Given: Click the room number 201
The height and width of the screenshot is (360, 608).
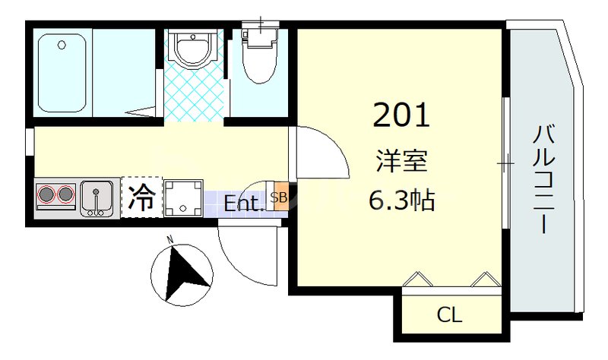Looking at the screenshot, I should [x=401, y=115].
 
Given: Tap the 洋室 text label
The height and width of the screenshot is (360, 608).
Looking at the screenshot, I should [x=401, y=162].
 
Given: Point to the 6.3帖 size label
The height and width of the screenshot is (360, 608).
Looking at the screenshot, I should [x=401, y=200].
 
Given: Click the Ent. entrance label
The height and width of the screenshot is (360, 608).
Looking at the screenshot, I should [x=244, y=204].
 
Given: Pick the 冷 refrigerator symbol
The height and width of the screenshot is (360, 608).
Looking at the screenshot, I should [x=141, y=197].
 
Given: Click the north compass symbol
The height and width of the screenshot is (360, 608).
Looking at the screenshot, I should [x=179, y=274].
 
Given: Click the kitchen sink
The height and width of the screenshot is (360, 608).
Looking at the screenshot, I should [x=97, y=197].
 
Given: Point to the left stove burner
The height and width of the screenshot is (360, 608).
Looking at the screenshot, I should [x=48, y=196].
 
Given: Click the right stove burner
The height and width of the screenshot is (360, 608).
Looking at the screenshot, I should [x=66, y=196].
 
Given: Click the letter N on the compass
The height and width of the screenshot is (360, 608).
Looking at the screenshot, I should [x=170, y=240].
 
